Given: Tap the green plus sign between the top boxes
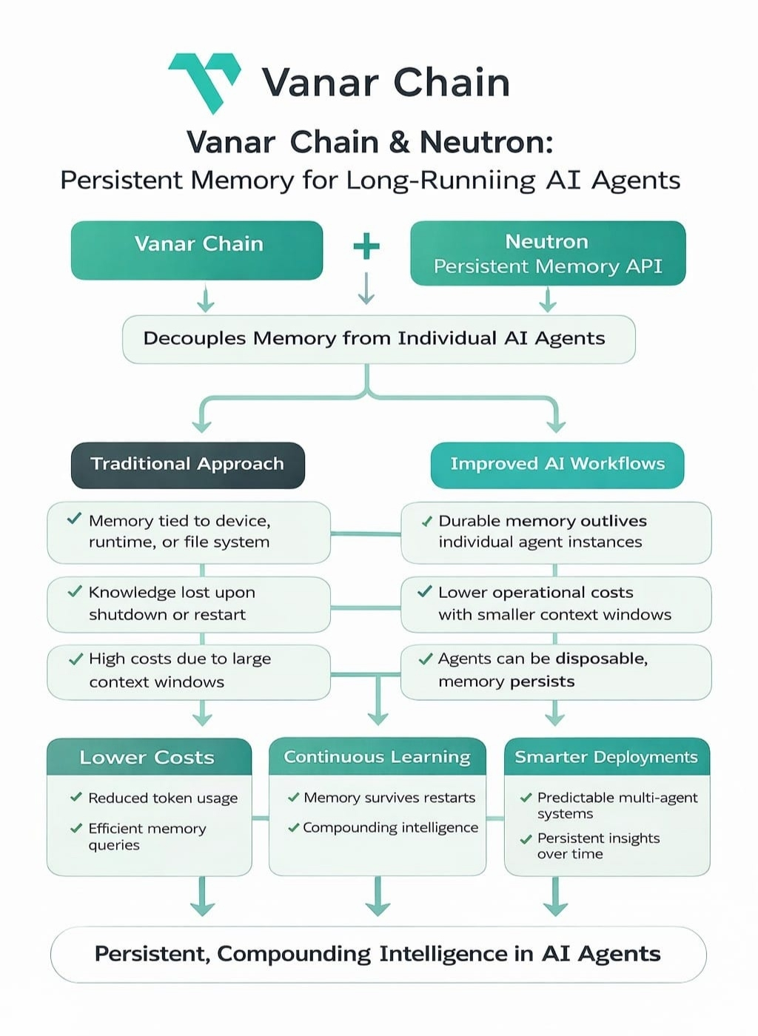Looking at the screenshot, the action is point(366,246).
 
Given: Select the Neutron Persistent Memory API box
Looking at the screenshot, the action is point(548,253).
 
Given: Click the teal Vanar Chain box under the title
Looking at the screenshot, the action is point(197,250).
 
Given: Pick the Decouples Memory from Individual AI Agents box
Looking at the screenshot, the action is point(378,339).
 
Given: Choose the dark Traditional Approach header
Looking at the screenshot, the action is point(188,465).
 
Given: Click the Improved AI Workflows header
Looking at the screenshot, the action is point(557,465).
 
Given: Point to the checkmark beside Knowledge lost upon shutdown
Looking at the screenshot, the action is point(75,591).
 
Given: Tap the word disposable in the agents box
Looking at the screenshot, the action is point(602,659).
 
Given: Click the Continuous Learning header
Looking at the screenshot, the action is point(377,756).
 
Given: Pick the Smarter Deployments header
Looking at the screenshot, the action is point(607,756).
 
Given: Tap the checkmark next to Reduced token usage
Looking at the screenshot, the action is point(76,797).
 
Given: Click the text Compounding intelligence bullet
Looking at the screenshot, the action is point(391,827).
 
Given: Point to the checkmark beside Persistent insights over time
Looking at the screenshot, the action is point(526,839).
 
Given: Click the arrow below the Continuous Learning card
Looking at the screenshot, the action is point(378,896).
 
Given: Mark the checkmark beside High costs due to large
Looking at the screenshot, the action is point(76,659).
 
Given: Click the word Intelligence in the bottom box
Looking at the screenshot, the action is point(443,954).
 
